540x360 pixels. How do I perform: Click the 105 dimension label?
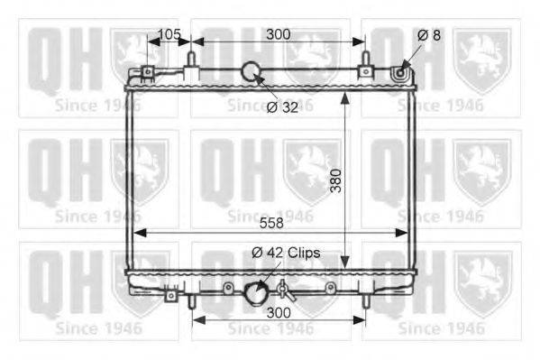[169, 33]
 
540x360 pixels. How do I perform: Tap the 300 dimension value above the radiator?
[279, 34]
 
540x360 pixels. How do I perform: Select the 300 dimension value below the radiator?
[279, 313]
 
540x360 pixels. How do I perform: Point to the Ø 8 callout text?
[429, 35]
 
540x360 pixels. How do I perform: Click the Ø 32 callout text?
[282, 107]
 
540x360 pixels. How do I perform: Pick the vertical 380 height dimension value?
[335, 180]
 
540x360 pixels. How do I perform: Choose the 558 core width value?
[271, 223]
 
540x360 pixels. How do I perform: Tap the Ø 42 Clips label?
[286, 253]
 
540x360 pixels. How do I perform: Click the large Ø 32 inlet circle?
[251, 71]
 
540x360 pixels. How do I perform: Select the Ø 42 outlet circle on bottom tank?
[256, 293]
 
